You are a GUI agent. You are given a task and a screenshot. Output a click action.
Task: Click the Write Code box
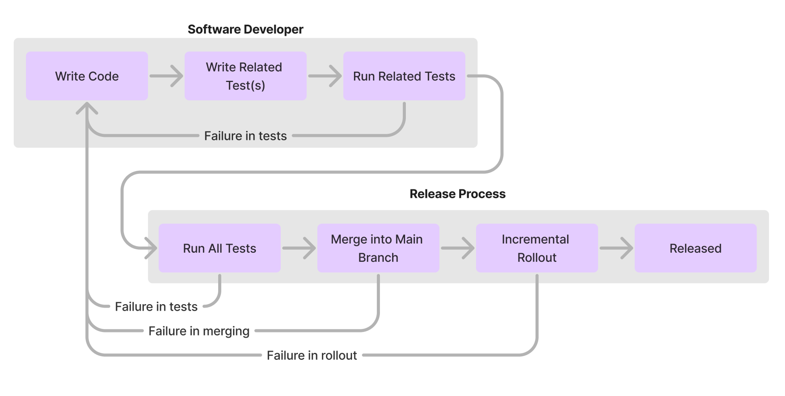[87, 76]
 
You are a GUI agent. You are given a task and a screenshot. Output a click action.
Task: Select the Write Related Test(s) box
[245, 76]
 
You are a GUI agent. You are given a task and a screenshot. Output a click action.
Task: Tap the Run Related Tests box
[404, 76]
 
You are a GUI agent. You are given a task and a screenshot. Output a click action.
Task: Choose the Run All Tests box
[219, 248]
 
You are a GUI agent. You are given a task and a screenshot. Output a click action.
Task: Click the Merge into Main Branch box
[378, 248]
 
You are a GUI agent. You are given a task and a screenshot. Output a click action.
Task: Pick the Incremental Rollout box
[537, 248]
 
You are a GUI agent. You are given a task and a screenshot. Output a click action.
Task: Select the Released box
[695, 248]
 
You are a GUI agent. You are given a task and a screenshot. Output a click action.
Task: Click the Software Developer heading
[245, 29]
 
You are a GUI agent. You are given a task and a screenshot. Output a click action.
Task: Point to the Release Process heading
[457, 193]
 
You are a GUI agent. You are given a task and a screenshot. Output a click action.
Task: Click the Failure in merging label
[199, 331]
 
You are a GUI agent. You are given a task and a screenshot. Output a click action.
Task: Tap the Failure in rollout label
[312, 355]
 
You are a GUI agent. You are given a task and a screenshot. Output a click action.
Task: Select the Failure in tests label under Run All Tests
[156, 307]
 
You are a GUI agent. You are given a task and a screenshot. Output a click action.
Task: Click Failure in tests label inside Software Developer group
[245, 136]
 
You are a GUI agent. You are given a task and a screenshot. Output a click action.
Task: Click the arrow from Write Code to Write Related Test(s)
[166, 76]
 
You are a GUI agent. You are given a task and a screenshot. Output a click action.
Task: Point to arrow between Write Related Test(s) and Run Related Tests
[325, 76]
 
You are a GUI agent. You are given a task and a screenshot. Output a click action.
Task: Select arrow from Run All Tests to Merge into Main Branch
[299, 248]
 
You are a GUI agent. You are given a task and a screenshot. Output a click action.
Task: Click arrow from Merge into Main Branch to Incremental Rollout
[458, 248]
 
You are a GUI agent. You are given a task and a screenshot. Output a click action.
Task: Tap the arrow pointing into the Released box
[616, 248]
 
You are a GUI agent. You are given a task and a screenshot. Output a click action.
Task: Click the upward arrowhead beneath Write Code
[87, 108]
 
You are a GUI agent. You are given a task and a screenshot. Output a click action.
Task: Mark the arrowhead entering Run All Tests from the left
[152, 248]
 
